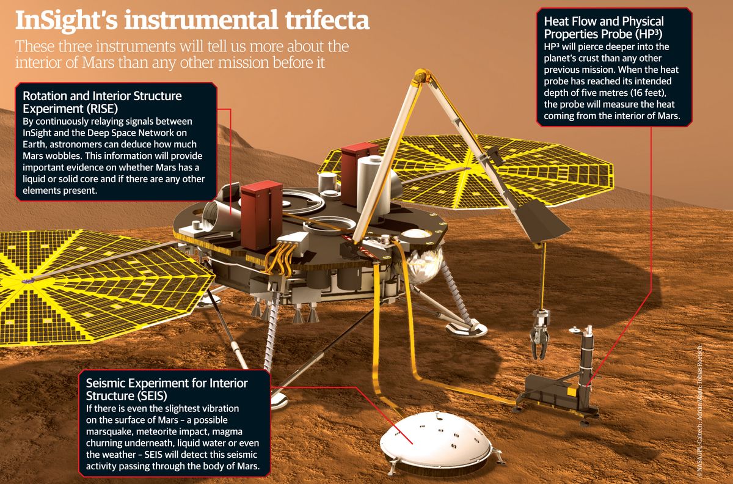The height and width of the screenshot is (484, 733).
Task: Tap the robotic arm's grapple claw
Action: (539, 336)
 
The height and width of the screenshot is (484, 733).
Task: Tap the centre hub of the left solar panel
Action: (28, 280)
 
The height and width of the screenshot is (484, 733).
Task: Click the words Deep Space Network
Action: (140, 132)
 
